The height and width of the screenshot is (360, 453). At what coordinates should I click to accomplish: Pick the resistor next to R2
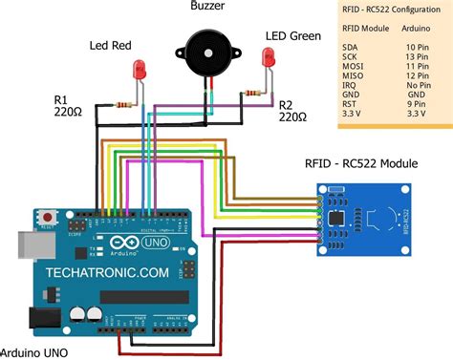pyautogui.click(x=253, y=94)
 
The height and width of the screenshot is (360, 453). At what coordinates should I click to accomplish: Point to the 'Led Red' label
pyautogui.click(x=111, y=45)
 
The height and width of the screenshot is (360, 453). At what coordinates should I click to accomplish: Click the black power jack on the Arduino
pyautogui.click(x=42, y=317)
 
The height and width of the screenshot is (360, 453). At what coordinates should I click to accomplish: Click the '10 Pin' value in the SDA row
pyautogui.click(x=417, y=45)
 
